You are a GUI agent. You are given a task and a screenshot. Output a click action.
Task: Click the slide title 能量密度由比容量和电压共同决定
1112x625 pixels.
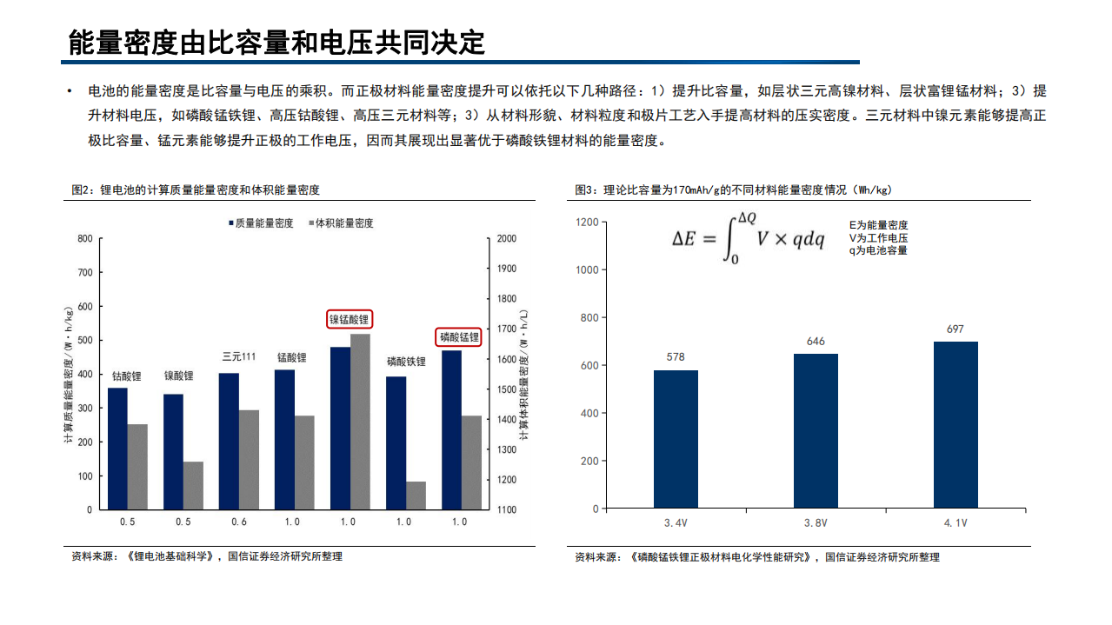[x=276, y=42]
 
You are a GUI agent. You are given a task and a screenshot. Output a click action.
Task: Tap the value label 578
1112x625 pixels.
[x=676, y=357]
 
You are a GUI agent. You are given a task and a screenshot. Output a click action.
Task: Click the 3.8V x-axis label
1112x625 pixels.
[x=816, y=523]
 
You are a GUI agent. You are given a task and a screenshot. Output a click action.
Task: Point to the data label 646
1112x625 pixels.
[x=816, y=341]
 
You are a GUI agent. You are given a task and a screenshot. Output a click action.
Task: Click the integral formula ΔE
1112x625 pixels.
[x=748, y=238]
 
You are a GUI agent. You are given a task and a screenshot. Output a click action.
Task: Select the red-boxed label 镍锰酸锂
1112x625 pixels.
[x=349, y=319]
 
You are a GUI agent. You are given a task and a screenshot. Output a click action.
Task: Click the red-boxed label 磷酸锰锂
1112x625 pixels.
[x=459, y=336]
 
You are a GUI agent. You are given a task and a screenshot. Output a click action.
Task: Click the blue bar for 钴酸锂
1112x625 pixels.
[x=117, y=449]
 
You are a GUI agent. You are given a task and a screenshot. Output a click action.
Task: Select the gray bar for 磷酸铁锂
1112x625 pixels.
[x=416, y=495]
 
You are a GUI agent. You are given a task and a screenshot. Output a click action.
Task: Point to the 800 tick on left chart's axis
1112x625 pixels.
[x=84, y=238]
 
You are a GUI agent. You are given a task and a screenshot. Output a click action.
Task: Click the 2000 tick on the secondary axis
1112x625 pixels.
[x=507, y=238]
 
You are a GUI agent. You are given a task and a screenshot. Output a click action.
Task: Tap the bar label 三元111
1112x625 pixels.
[x=238, y=356]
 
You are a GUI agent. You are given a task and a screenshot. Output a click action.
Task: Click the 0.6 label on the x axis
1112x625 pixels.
[x=238, y=522]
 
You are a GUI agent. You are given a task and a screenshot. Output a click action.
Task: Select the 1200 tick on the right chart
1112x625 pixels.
[x=587, y=223]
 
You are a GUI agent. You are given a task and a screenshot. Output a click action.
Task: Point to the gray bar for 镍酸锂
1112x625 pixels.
[x=193, y=485]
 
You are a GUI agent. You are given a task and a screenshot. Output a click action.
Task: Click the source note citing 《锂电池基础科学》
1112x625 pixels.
[x=207, y=556]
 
